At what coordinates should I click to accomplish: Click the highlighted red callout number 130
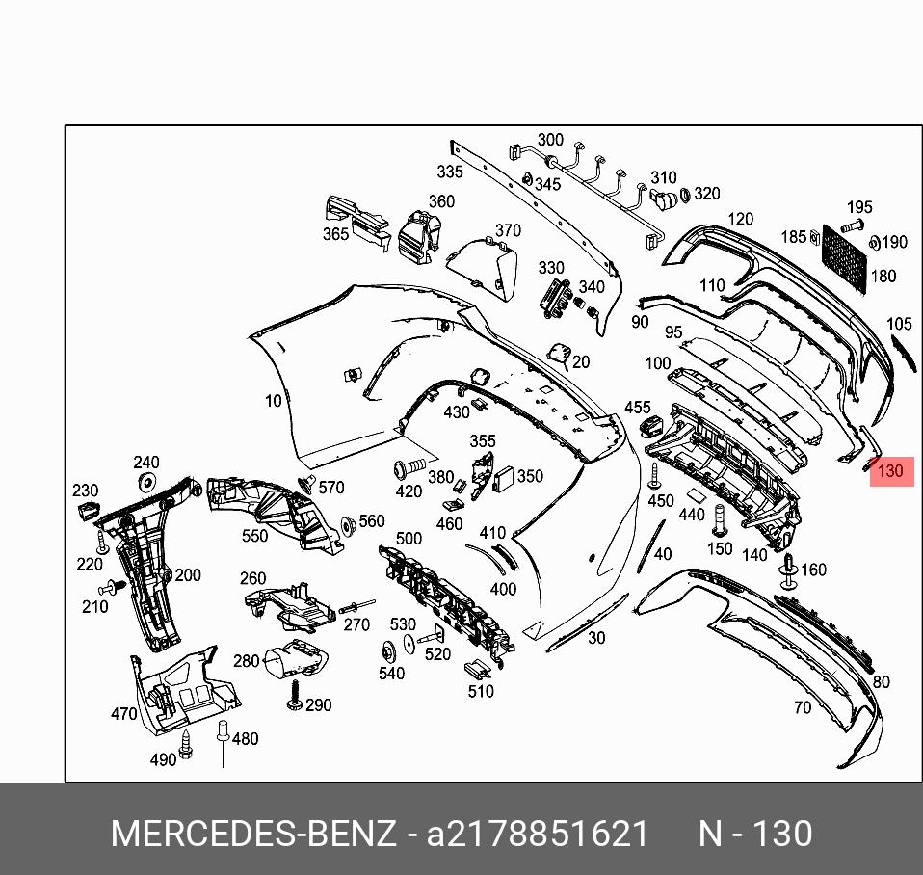891,471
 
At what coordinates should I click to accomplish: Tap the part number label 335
450,172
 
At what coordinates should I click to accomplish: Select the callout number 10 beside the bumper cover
274,401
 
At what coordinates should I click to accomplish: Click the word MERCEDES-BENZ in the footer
253,833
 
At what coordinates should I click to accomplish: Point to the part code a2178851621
538,833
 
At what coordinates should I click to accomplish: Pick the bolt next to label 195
850,226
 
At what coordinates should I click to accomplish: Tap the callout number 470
124,714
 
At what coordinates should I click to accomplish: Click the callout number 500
409,539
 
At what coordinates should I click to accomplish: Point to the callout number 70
803,708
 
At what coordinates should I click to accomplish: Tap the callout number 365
335,235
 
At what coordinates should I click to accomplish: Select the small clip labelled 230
87,509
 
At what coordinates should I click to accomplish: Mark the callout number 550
255,537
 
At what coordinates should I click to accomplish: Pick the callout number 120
740,220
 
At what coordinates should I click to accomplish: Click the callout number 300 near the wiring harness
550,141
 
